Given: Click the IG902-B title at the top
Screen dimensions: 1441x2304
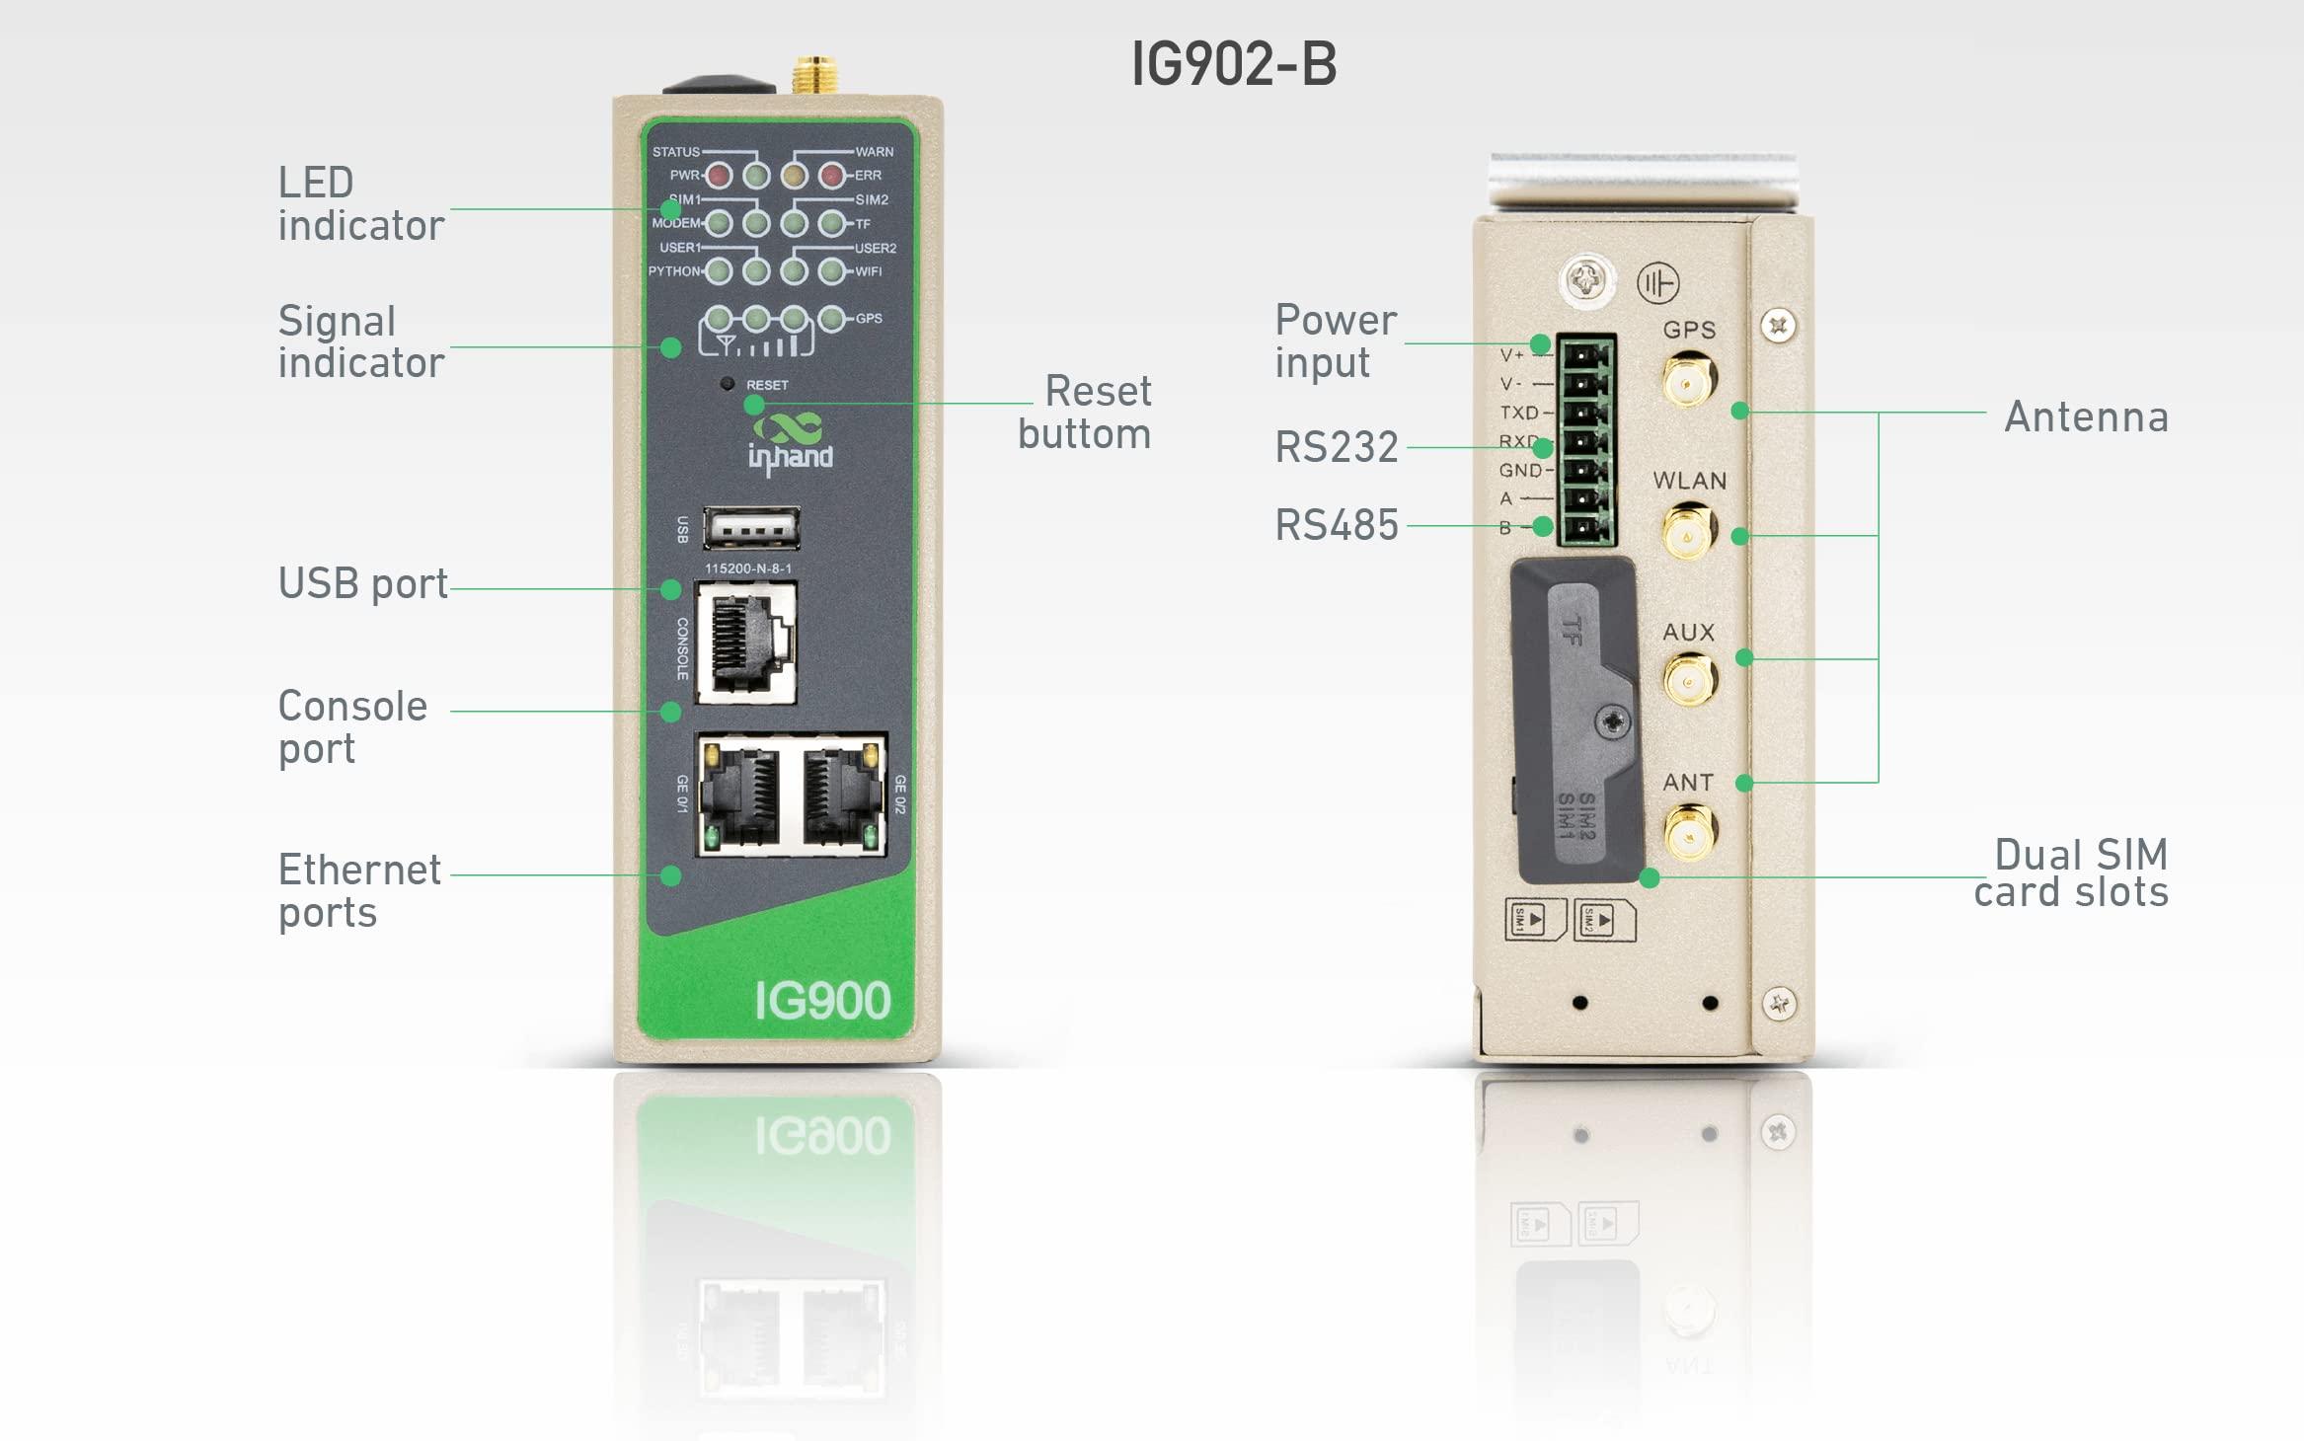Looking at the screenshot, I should [x=1233, y=64].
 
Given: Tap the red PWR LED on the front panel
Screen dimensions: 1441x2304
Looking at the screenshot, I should [x=719, y=176].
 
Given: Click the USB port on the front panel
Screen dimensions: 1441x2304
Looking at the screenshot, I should [x=751, y=529].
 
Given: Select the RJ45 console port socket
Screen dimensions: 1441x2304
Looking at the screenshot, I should [x=746, y=643].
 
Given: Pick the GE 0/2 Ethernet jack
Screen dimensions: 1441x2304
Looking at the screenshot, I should [x=840, y=796].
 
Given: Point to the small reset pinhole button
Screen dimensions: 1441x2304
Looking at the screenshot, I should [x=728, y=384].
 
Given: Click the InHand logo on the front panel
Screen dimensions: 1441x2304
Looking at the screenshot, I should [x=790, y=444].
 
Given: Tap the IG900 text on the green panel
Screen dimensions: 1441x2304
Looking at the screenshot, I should [x=822, y=1001].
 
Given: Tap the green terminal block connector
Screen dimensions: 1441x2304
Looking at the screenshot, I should [x=1585, y=440].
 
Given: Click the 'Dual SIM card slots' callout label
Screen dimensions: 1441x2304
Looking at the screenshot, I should [x=2071, y=872].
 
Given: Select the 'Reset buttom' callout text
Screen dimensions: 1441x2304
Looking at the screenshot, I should [x=1085, y=413].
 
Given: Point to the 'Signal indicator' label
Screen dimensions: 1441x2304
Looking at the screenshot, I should [x=360, y=341].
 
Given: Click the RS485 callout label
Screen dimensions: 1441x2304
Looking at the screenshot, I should [x=1337, y=525].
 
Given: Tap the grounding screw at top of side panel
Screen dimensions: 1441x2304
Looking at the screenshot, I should [x=1586, y=281].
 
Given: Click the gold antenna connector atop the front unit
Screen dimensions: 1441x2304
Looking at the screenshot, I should [x=815, y=75].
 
